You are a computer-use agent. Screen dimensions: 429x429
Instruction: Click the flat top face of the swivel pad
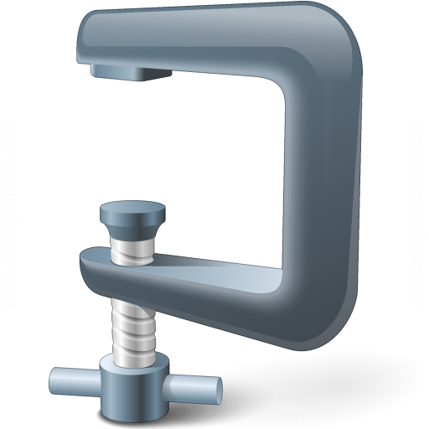pos(133,207)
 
